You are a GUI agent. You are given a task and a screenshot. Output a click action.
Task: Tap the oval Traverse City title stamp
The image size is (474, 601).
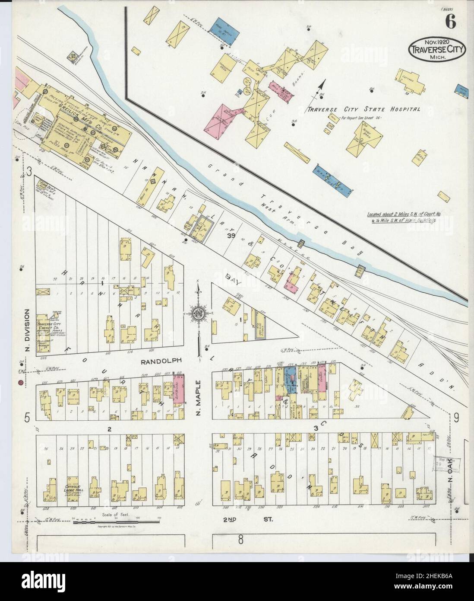[x=437, y=49]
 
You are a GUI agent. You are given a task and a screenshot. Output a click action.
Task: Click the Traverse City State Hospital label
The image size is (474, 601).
[x=363, y=109]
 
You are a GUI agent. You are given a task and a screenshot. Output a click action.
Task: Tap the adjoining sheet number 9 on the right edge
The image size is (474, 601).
[x=456, y=418]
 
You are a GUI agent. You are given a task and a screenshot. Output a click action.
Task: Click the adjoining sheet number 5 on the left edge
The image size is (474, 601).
[x=27, y=418]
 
